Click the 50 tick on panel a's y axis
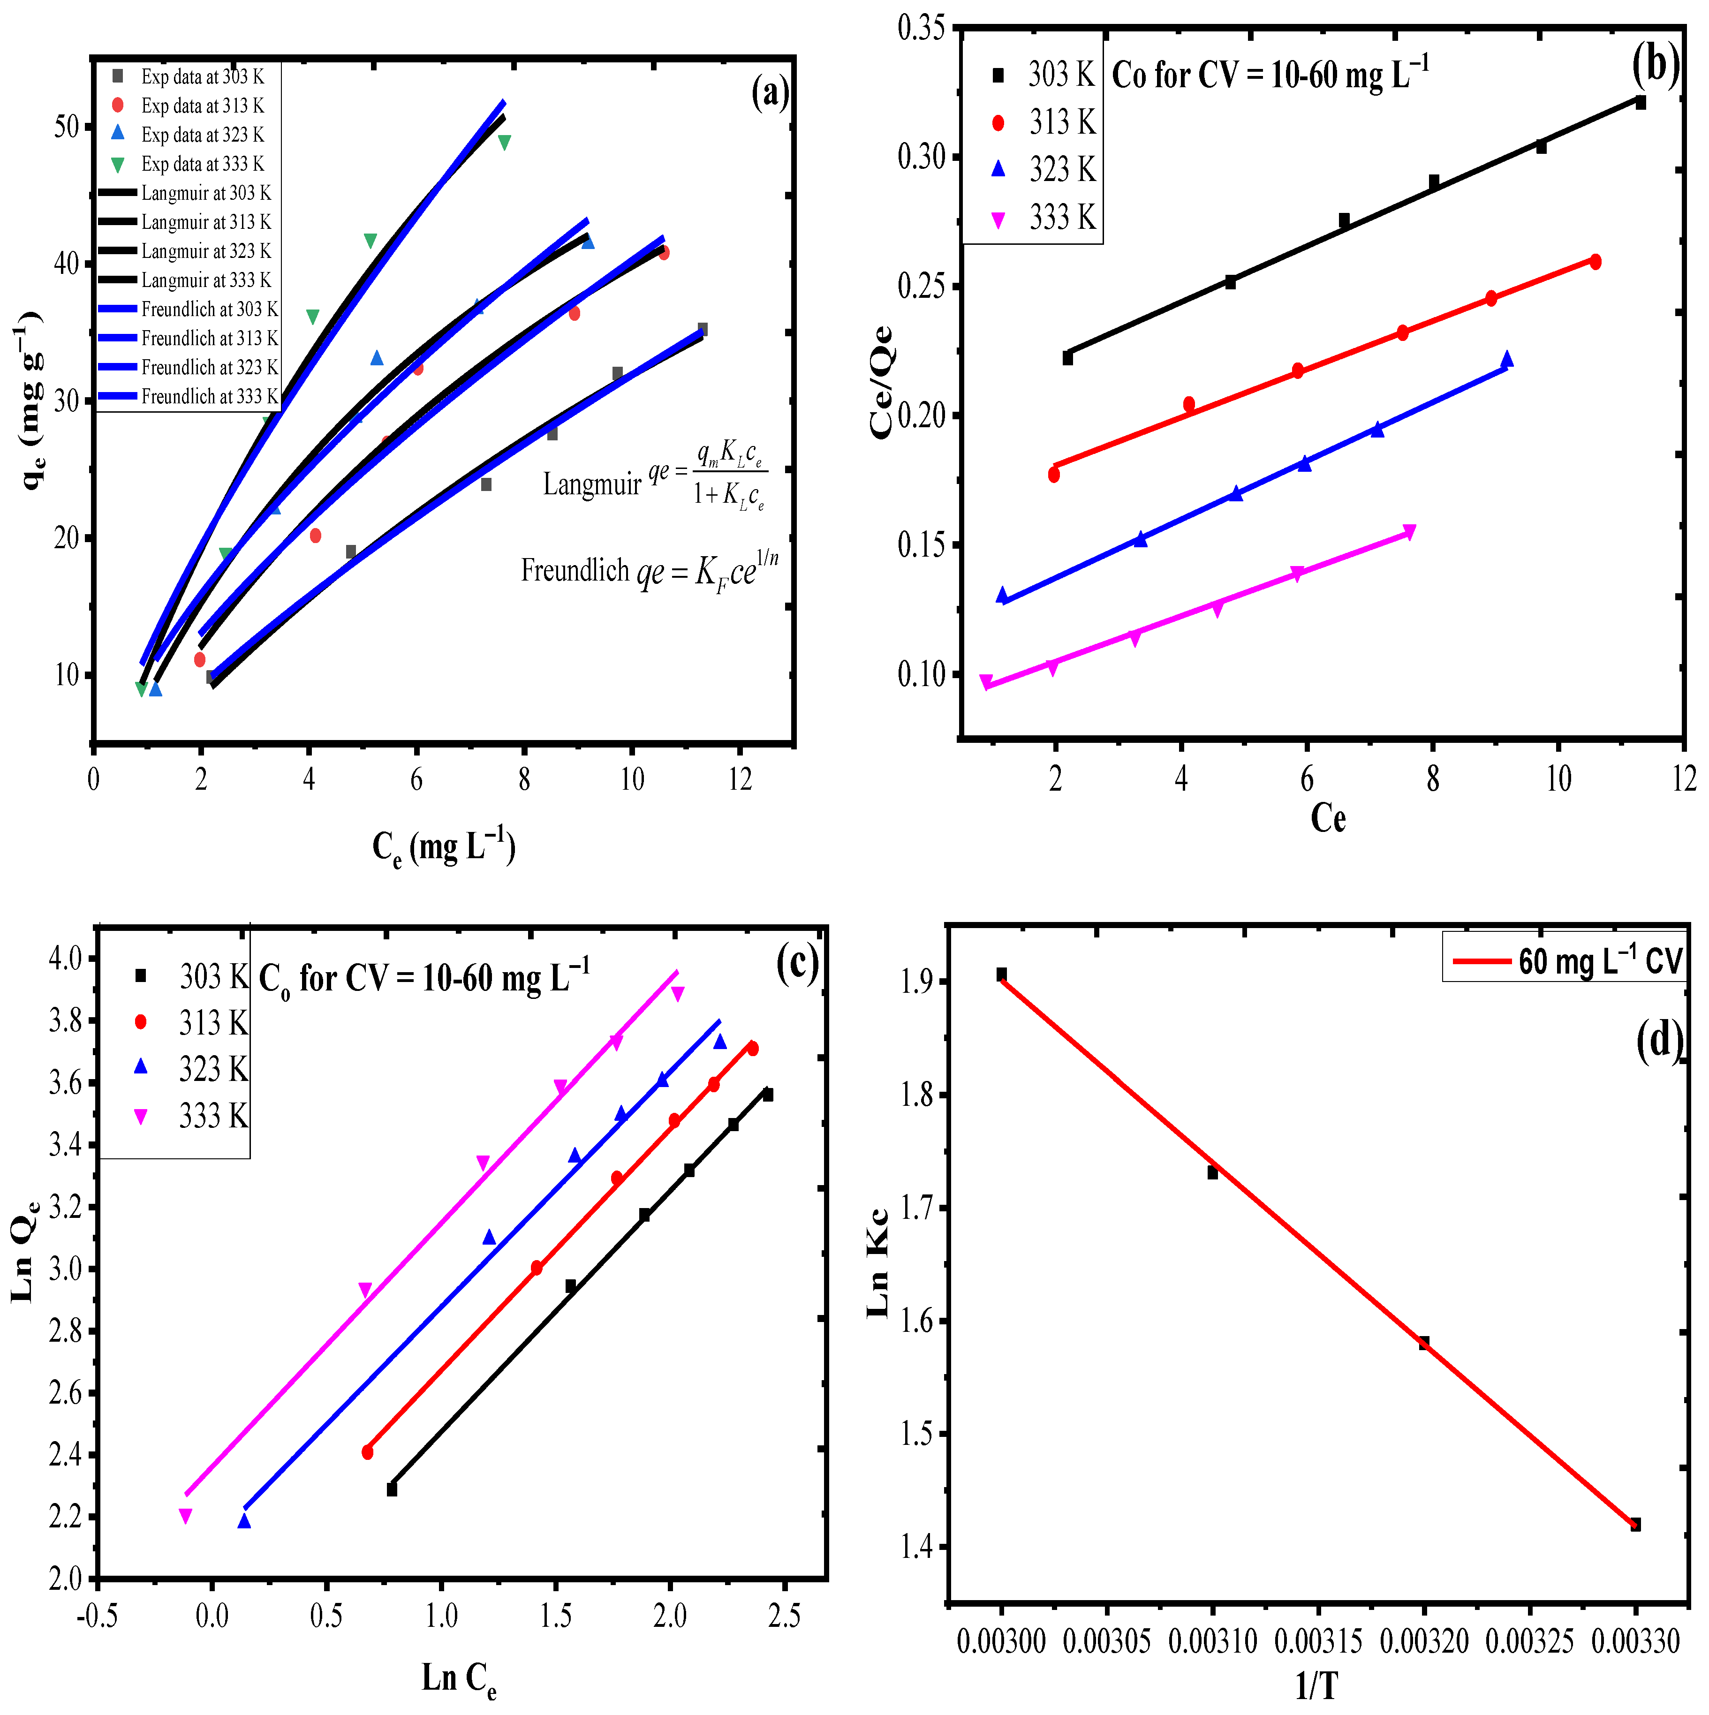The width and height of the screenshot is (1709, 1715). (x=67, y=126)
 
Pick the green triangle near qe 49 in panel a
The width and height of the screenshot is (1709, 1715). (x=504, y=142)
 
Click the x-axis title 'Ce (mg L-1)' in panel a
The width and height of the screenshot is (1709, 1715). (x=444, y=848)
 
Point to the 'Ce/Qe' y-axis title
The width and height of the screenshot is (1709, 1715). (x=882, y=382)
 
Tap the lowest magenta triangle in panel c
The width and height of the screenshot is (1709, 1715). (x=186, y=1516)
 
